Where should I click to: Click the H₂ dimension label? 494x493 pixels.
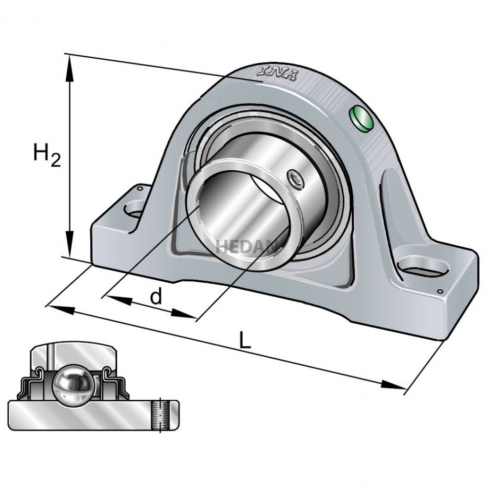coord(47,154)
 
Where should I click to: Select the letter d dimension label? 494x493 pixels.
coord(156,297)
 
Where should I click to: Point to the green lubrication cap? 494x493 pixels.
coord(361,119)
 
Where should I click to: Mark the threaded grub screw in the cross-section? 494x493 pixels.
coord(160,415)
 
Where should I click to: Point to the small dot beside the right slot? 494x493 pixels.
coord(440,292)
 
